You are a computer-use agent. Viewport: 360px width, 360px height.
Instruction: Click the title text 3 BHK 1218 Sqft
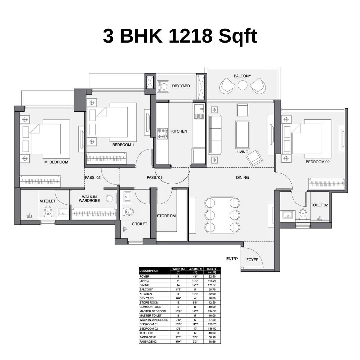pos(180,36)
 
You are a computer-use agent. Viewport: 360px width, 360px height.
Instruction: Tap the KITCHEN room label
pos(179,131)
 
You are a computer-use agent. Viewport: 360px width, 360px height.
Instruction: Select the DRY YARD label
pos(181,86)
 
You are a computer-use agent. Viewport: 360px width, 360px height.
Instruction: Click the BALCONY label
pos(242,76)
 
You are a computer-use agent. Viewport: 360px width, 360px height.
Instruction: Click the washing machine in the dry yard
pos(163,86)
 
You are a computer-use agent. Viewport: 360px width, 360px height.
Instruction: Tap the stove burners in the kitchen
pos(163,133)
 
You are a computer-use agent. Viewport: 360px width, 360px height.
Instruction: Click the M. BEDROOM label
pos(56,162)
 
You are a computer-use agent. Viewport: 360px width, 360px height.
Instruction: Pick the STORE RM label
pos(166,216)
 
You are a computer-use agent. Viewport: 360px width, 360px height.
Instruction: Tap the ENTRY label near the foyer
pos(232,259)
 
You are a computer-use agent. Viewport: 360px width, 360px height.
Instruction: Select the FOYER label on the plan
pos(252,260)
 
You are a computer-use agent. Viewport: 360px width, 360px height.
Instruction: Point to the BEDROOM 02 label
pos(317,162)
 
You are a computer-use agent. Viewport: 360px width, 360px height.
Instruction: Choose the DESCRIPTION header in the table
pos(149,271)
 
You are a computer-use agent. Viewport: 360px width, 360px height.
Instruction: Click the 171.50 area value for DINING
pos(212,285)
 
